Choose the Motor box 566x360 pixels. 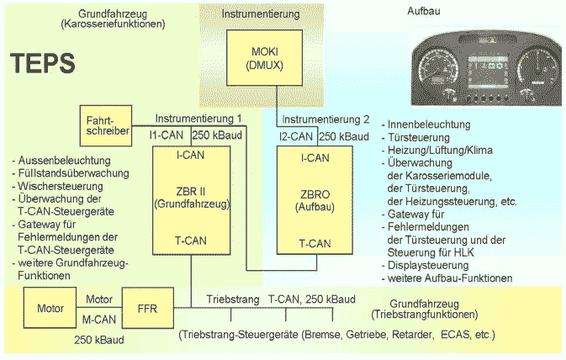point(50,308)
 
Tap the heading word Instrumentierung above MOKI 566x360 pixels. point(259,15)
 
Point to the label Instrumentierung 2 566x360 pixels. point(325,119)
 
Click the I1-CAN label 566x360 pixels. point(166,135)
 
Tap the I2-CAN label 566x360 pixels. point(296,135)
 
